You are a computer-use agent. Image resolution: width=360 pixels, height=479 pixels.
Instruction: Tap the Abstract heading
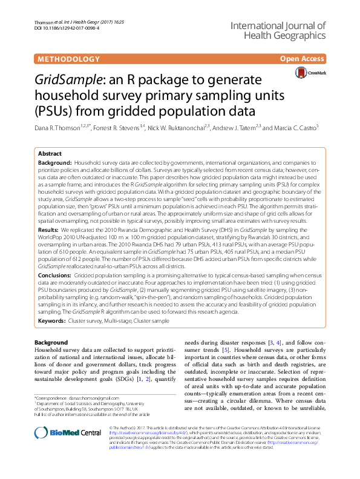tap(50, 154)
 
